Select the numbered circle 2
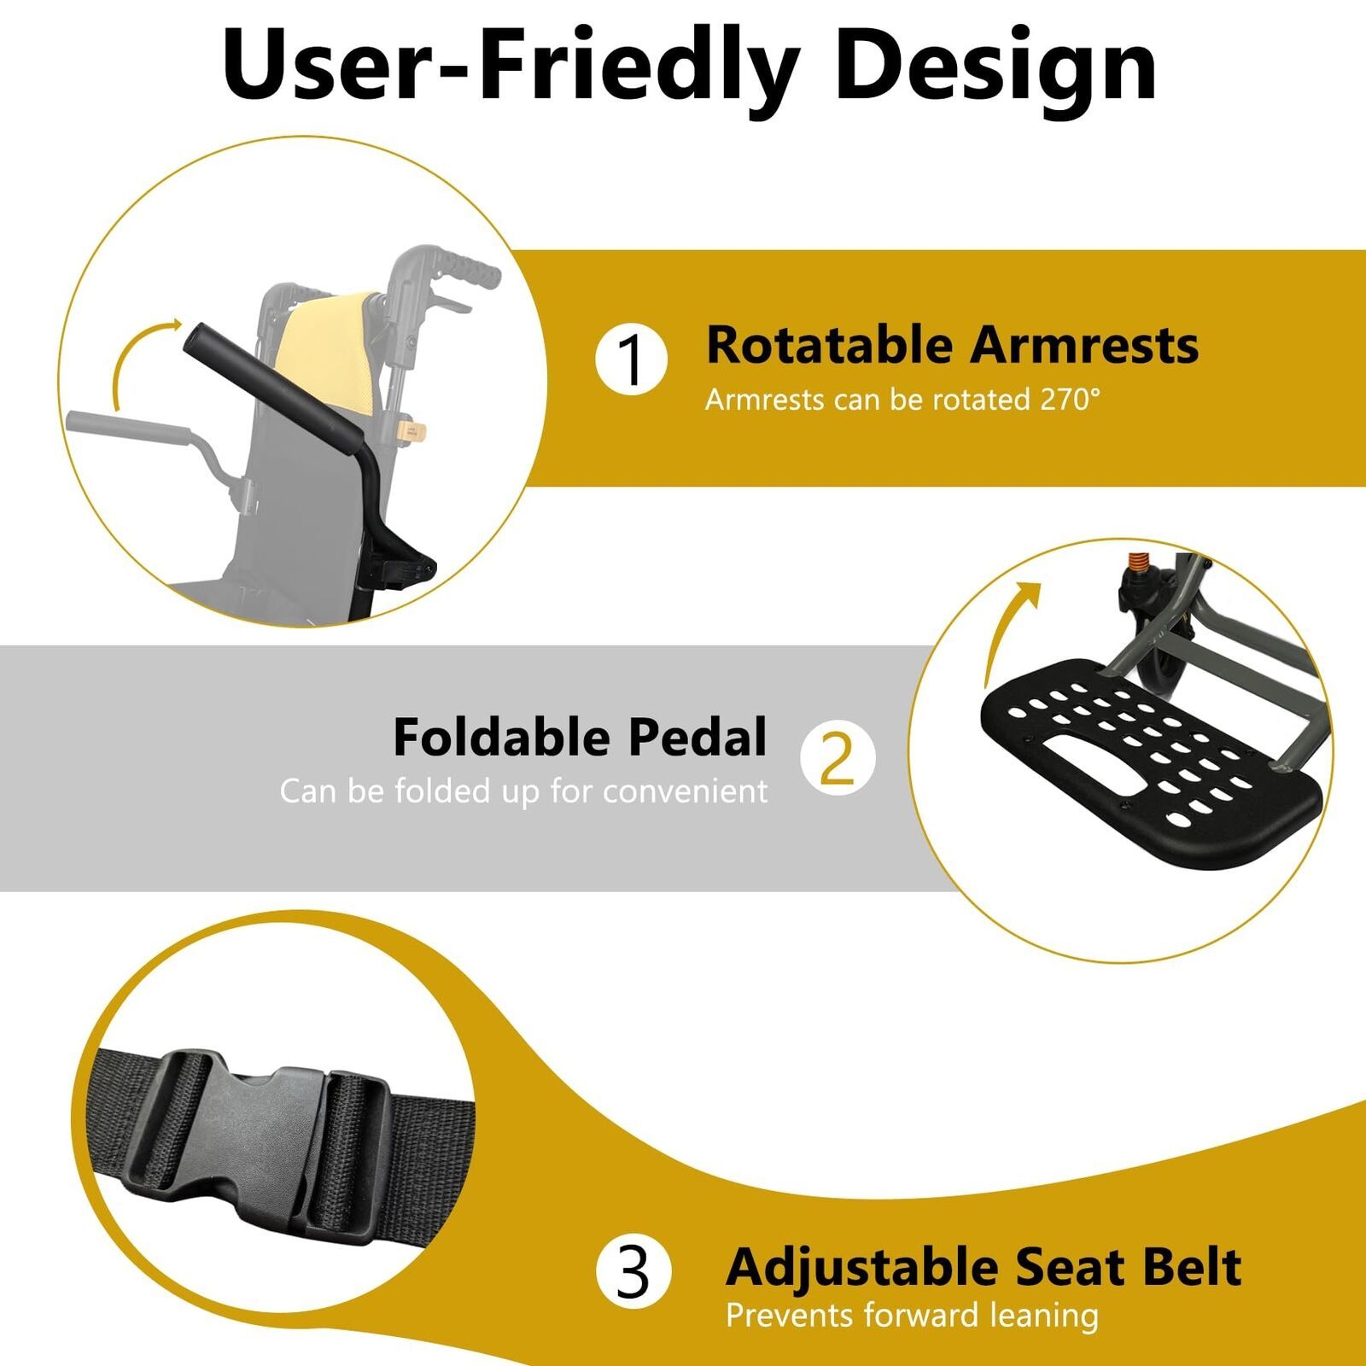tap(838, 758)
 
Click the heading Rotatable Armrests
tap(952, 345)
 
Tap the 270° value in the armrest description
tap(1071, 399)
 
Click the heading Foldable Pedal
tap(580, 737)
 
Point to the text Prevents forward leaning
tap(912, 1316)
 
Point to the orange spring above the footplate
tap(1135, 563)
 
